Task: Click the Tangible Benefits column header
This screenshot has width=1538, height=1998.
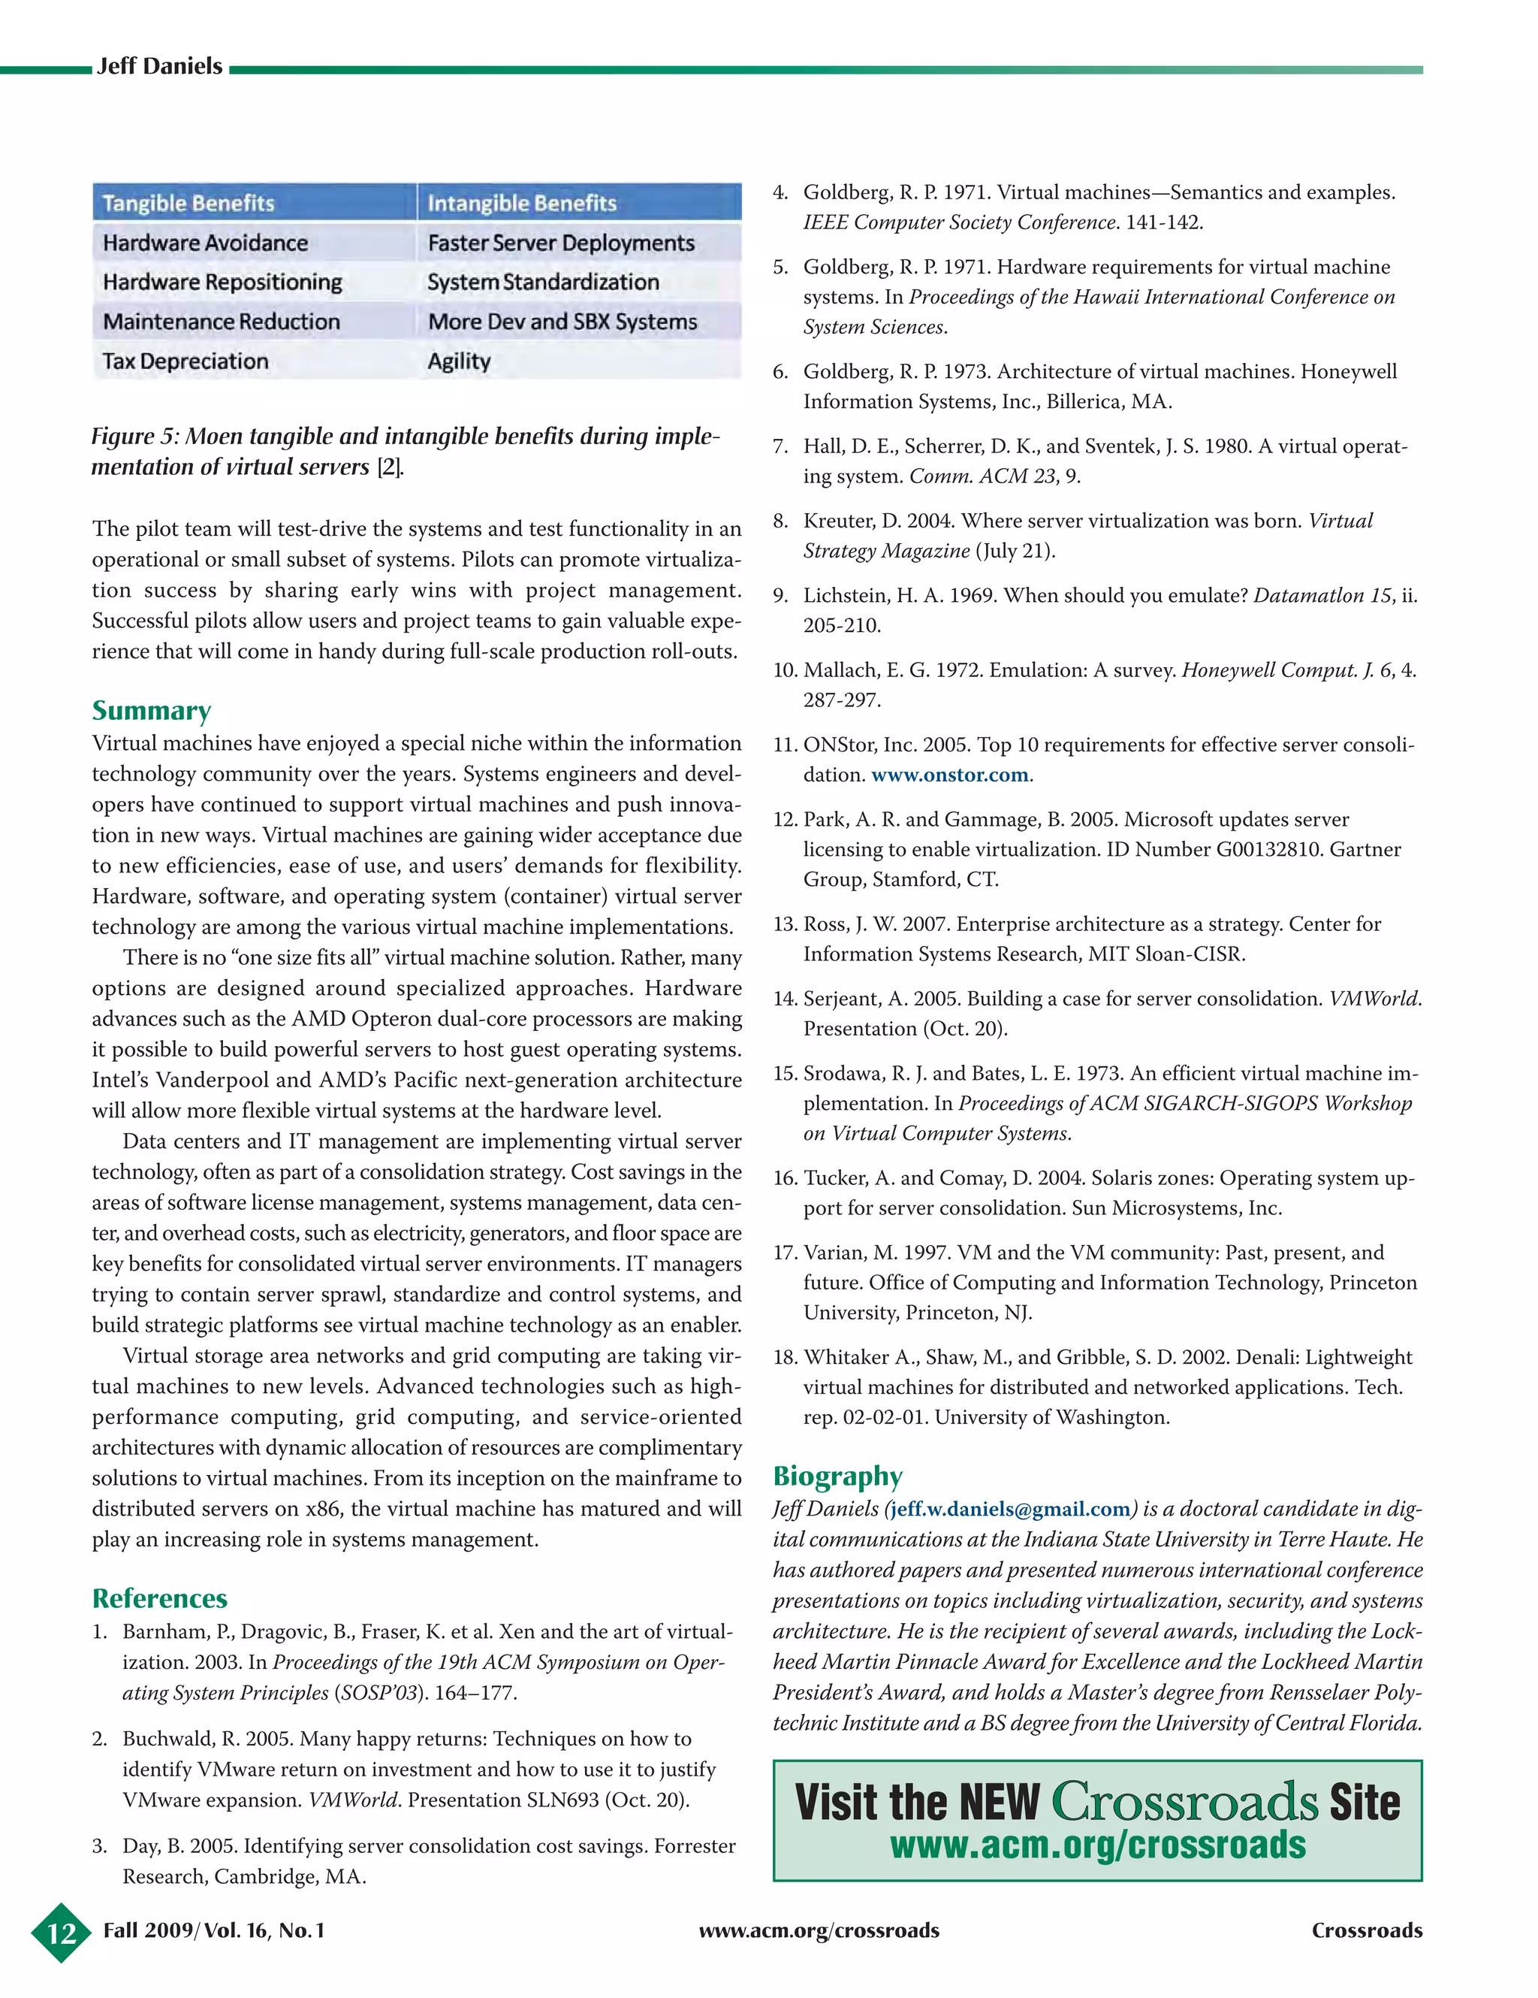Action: [188, 203]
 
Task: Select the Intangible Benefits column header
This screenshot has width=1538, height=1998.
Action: [521, 203]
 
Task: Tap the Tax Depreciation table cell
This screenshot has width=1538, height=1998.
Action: [185, 361]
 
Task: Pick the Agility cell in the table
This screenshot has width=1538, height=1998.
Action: [459, 361]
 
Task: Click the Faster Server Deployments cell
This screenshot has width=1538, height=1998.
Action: [560, 243]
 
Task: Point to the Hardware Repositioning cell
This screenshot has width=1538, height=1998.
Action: [222, 283]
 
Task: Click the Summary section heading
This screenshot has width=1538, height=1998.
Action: [152, 711]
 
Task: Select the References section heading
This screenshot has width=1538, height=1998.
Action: [159, 1598]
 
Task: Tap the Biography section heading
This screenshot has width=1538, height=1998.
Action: [837, 1476]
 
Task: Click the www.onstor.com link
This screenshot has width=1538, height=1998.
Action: [949, 775]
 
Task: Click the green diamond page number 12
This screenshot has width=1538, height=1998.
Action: [62, 1932]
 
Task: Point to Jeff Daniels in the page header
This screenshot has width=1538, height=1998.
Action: [160, 66]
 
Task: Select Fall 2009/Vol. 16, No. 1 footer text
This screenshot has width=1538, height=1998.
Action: [214, 1930]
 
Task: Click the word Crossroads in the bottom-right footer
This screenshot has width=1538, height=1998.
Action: [1366, 1930]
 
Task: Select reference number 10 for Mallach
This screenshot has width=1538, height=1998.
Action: [785, 670]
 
